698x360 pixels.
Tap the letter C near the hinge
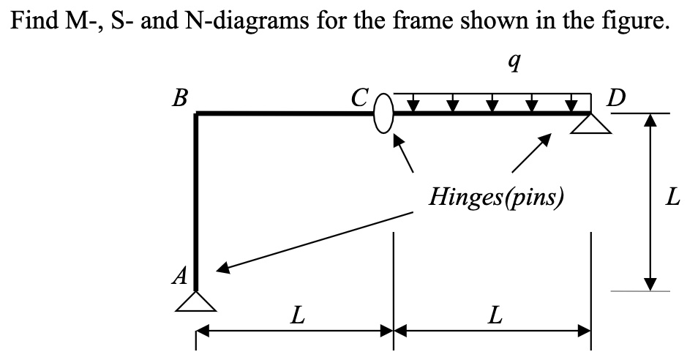[x=359, y=97]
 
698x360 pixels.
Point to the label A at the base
[x=179, y=275]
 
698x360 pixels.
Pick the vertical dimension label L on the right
[x=674, y=197]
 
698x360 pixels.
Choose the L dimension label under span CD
[x=495, y=316]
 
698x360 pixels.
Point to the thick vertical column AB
[x=196, y=198]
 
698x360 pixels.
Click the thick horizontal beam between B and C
[x=285, y=113]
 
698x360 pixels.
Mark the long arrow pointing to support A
[x=315, y=241]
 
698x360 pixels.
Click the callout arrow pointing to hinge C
[x=404, y=155]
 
